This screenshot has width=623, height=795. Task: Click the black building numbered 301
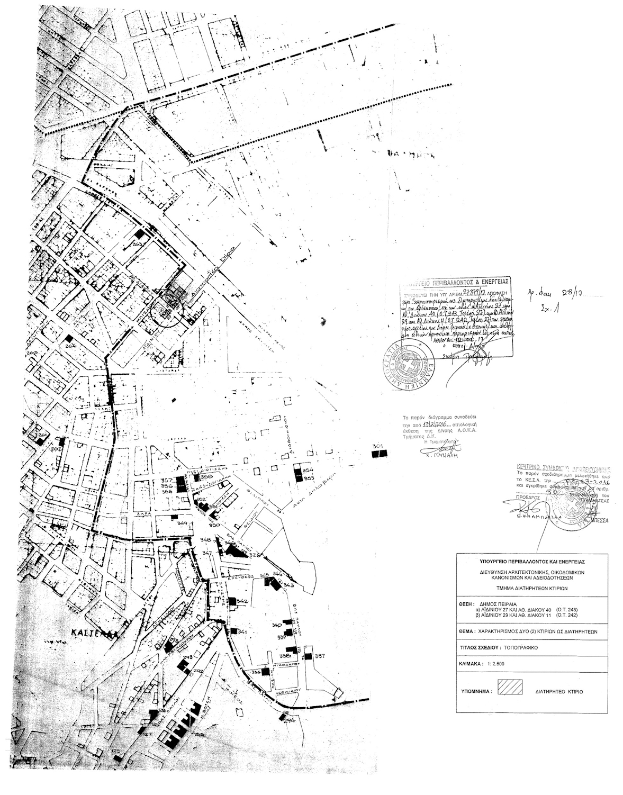[x=379, y=453]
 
